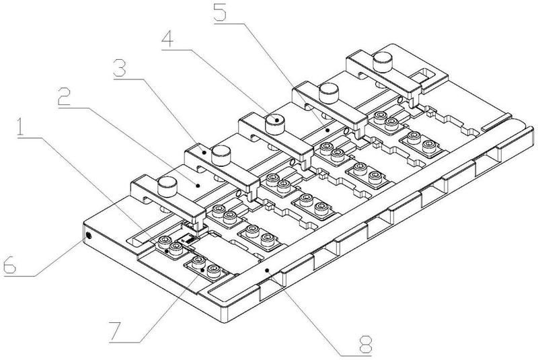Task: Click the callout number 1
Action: [x=22, y=127]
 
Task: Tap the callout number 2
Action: [x=65, y=96]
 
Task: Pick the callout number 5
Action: [x=220, y=12]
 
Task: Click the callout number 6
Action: [x=9, y=264]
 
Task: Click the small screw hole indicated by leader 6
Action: [x=89, y=236]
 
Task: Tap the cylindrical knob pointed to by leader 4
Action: [x=276, y=124]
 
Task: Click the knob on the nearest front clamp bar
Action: [x=167, y=186]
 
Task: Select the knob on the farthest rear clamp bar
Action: [x=383, y=61]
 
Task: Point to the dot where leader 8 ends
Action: [x=267, y=271]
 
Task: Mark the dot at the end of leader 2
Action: [x=198, y=186]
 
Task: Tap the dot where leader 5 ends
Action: [x=328, y=130]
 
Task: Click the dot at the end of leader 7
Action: [x=203, y=270]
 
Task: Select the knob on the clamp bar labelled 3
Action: [x=222, y=155]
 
